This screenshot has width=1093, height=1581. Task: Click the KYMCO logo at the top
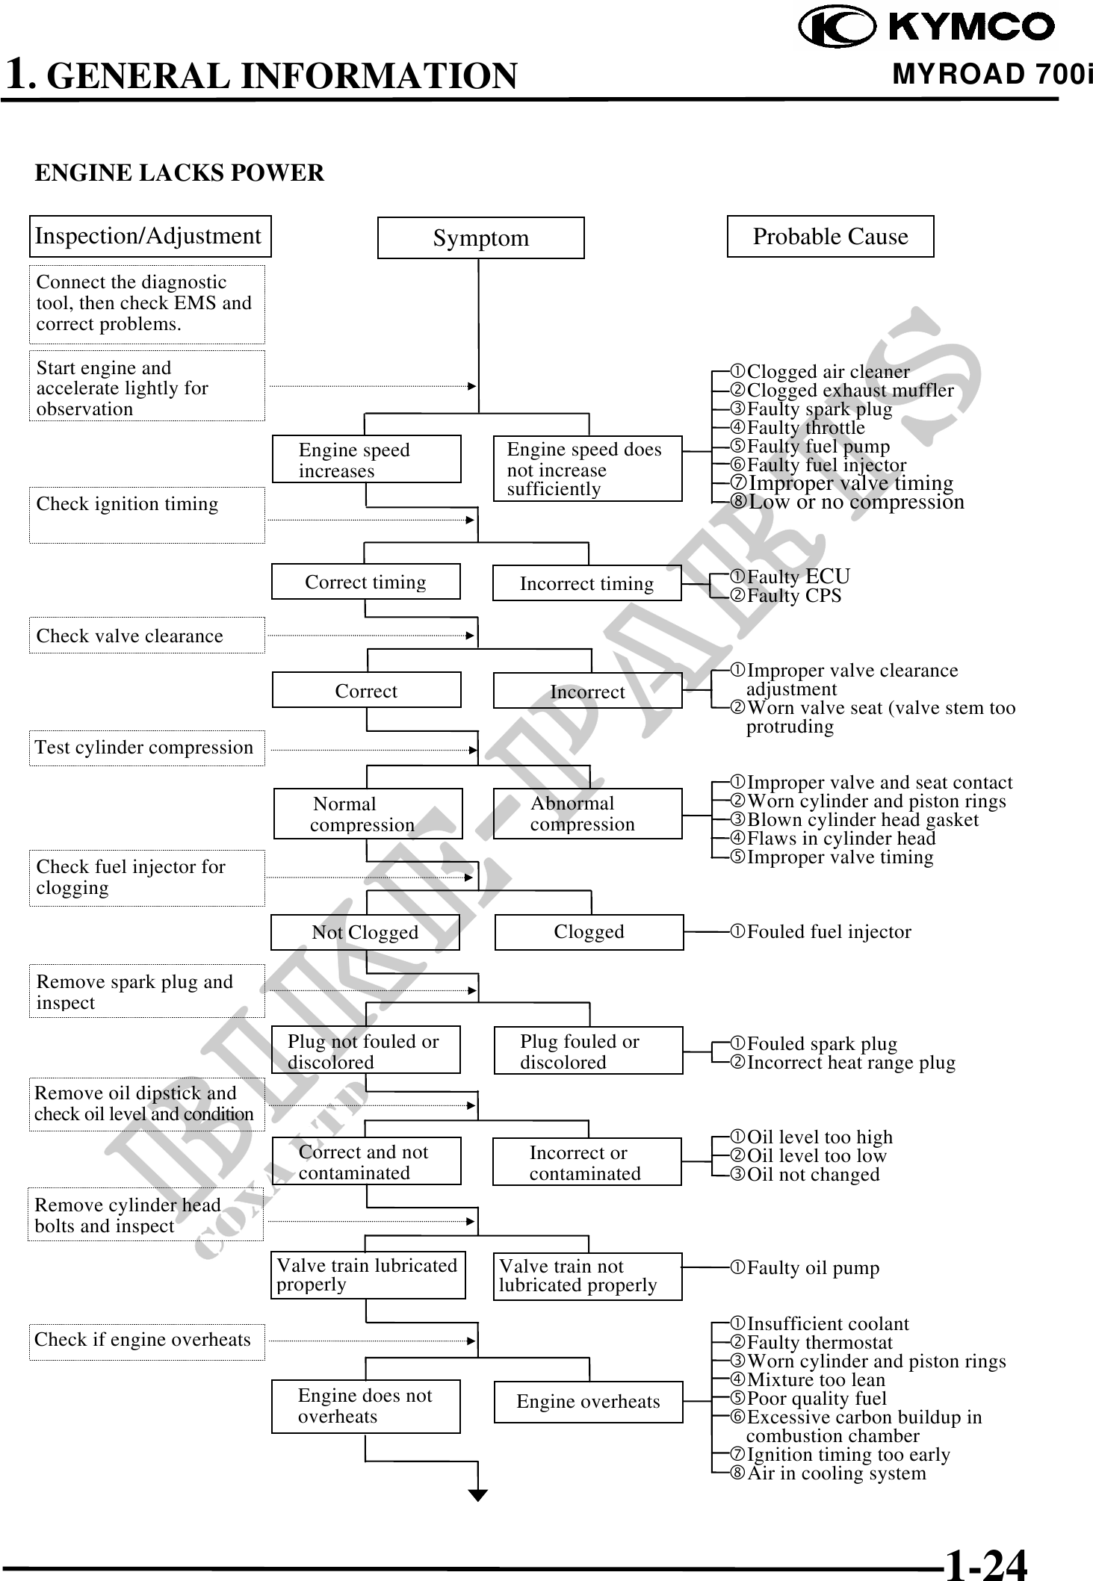[926, 28]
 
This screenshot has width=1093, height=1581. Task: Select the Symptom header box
[480, 238]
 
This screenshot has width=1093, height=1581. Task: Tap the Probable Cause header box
[830, 237]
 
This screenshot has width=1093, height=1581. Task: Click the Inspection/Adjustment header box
[149, 236]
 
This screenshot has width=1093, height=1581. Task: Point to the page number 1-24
[985, 1563]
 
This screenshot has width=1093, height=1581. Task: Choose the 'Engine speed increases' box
[366, 459]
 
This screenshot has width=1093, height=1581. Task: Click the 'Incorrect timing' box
[586, 583]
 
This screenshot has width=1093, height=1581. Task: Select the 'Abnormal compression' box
[587, 814]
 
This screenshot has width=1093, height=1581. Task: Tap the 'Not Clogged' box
[365, 932]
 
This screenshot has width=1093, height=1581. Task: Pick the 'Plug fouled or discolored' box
[588, 1051]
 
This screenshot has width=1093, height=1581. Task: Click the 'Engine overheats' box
[588, 1402]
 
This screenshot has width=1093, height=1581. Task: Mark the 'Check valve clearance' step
[146, 636]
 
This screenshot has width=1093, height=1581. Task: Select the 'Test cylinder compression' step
[146, 748]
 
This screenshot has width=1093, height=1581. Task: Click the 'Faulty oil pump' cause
[812, 1268]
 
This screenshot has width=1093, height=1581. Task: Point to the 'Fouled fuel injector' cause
[828, 932]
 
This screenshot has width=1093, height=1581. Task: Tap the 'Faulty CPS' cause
[793, 596]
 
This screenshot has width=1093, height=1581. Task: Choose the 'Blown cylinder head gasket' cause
[862, 820]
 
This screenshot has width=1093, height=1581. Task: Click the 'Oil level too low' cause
[816, 1156]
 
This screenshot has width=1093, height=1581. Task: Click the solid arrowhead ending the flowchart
[478, 1495]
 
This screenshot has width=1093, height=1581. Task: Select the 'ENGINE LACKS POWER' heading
[179, 173]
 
